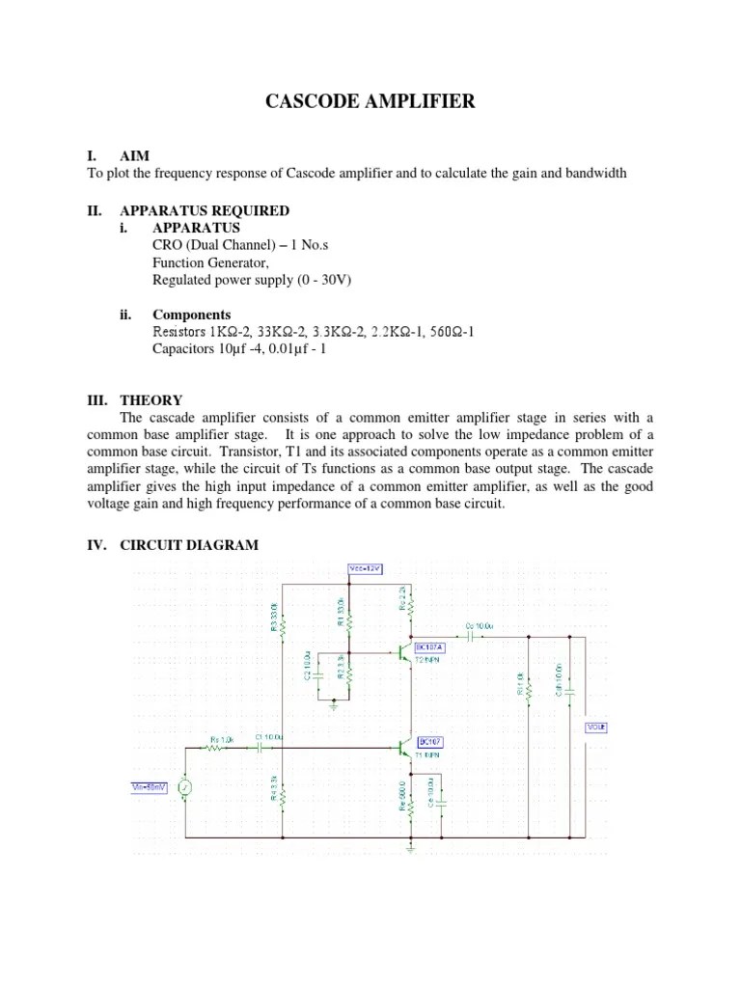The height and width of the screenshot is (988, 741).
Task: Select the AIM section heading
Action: click(134, 155)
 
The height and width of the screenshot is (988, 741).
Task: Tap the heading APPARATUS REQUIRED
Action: click(204, 210)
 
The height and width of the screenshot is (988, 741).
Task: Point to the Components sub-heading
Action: click(192, 315)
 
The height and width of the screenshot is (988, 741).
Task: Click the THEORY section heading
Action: click(151, 399)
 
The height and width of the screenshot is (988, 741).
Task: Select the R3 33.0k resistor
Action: click(281, 617)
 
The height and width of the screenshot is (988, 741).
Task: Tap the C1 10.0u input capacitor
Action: click(261, 748)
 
